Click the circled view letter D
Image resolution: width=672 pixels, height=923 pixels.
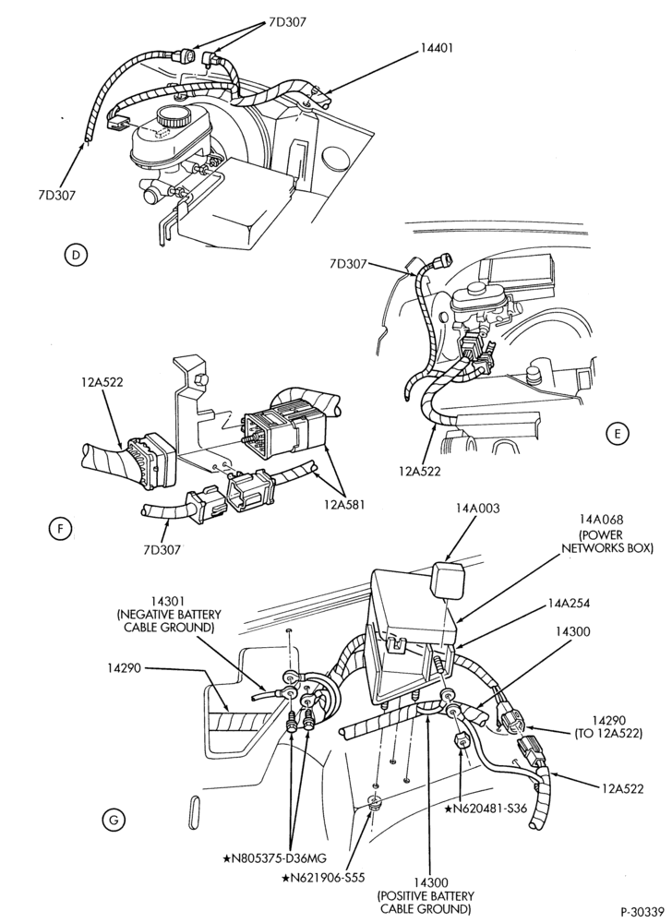pos(75,255)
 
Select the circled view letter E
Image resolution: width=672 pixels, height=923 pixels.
pos(617,434)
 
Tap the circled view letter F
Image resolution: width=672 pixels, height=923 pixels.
pos(59,529)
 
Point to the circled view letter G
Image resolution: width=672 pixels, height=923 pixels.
pos(114,819)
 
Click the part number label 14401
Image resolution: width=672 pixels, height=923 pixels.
pos(437,48)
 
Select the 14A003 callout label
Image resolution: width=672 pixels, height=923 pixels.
pos(478,508)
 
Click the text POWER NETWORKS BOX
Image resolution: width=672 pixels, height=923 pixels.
pos(607,542)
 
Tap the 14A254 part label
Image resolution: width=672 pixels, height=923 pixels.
pos(569,604)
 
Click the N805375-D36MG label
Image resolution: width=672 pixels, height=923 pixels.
pos(274,857)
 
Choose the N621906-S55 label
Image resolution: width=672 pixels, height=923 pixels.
pos(323,878)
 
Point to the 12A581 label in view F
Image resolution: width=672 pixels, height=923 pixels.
pos(344,505)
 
